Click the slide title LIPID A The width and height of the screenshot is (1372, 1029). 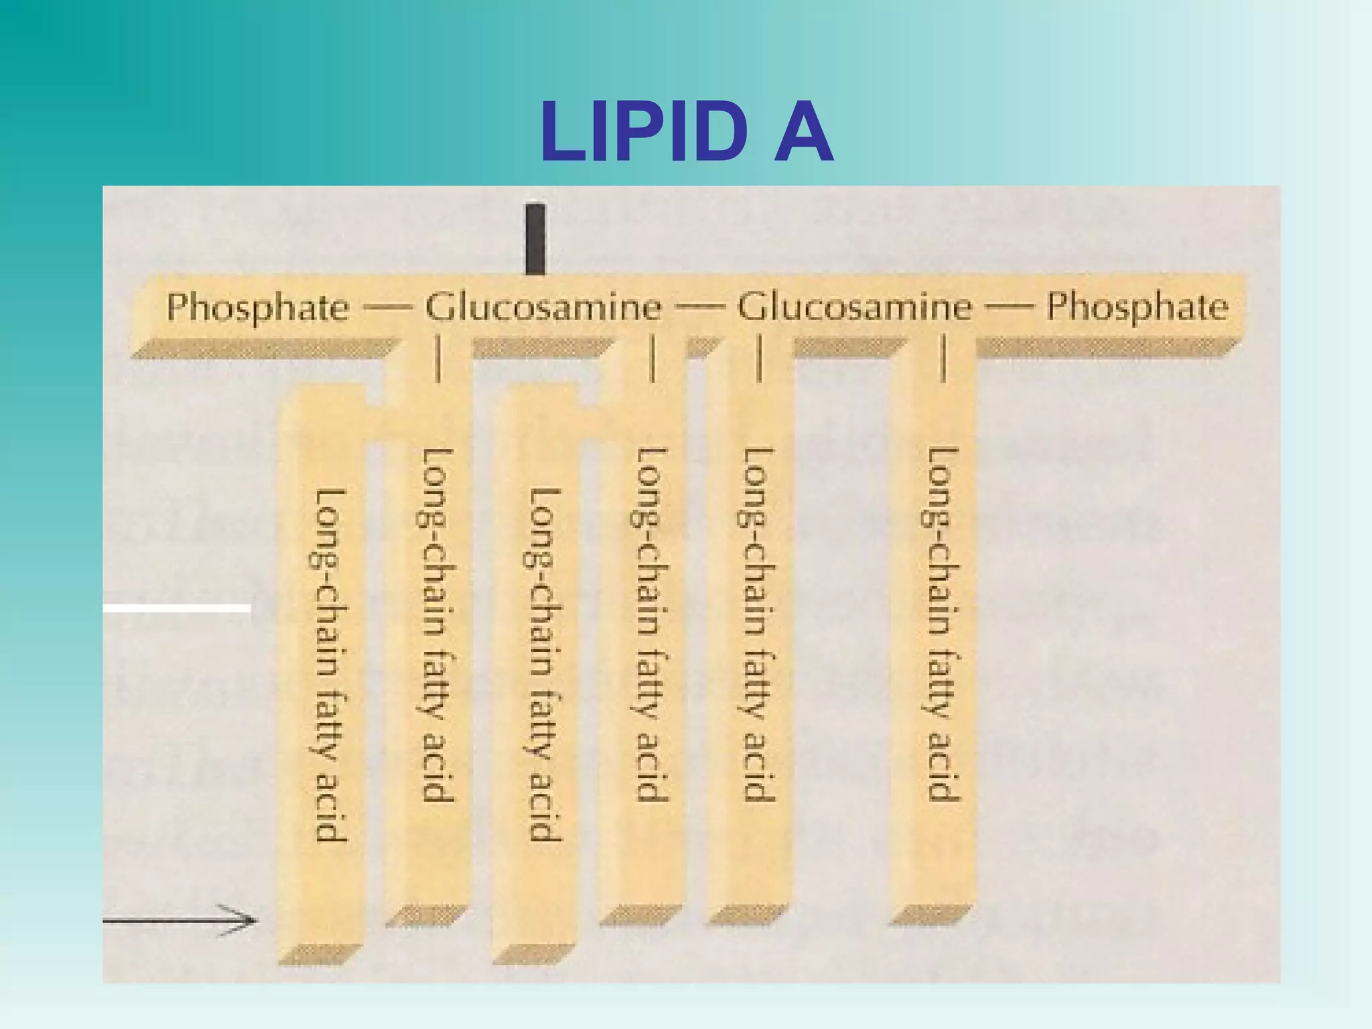pyautogui.click(x=687, y=132)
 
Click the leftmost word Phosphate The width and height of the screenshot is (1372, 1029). pyautogui.click(x=258, y=307)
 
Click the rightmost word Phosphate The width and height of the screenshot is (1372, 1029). pyautogui.click(x=1137, y=307)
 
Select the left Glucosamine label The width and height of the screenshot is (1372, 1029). pyautogui.click(x=543, y=307)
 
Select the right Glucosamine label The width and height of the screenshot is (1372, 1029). pyautogui.click(x=854, y=307)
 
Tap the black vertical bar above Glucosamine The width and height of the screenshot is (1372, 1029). pyautogui.click(x=535, y=239)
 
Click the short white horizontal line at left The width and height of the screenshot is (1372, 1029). pyautogui.click(x=177, y=608)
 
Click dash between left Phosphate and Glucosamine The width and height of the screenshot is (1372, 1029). pyautogui.click(x=387, y=309)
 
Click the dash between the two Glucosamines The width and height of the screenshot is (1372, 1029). pyautogui.click(x=700, y=309)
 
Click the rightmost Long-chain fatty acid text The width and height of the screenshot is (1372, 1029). pyautogui.click(x=944, y=623)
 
